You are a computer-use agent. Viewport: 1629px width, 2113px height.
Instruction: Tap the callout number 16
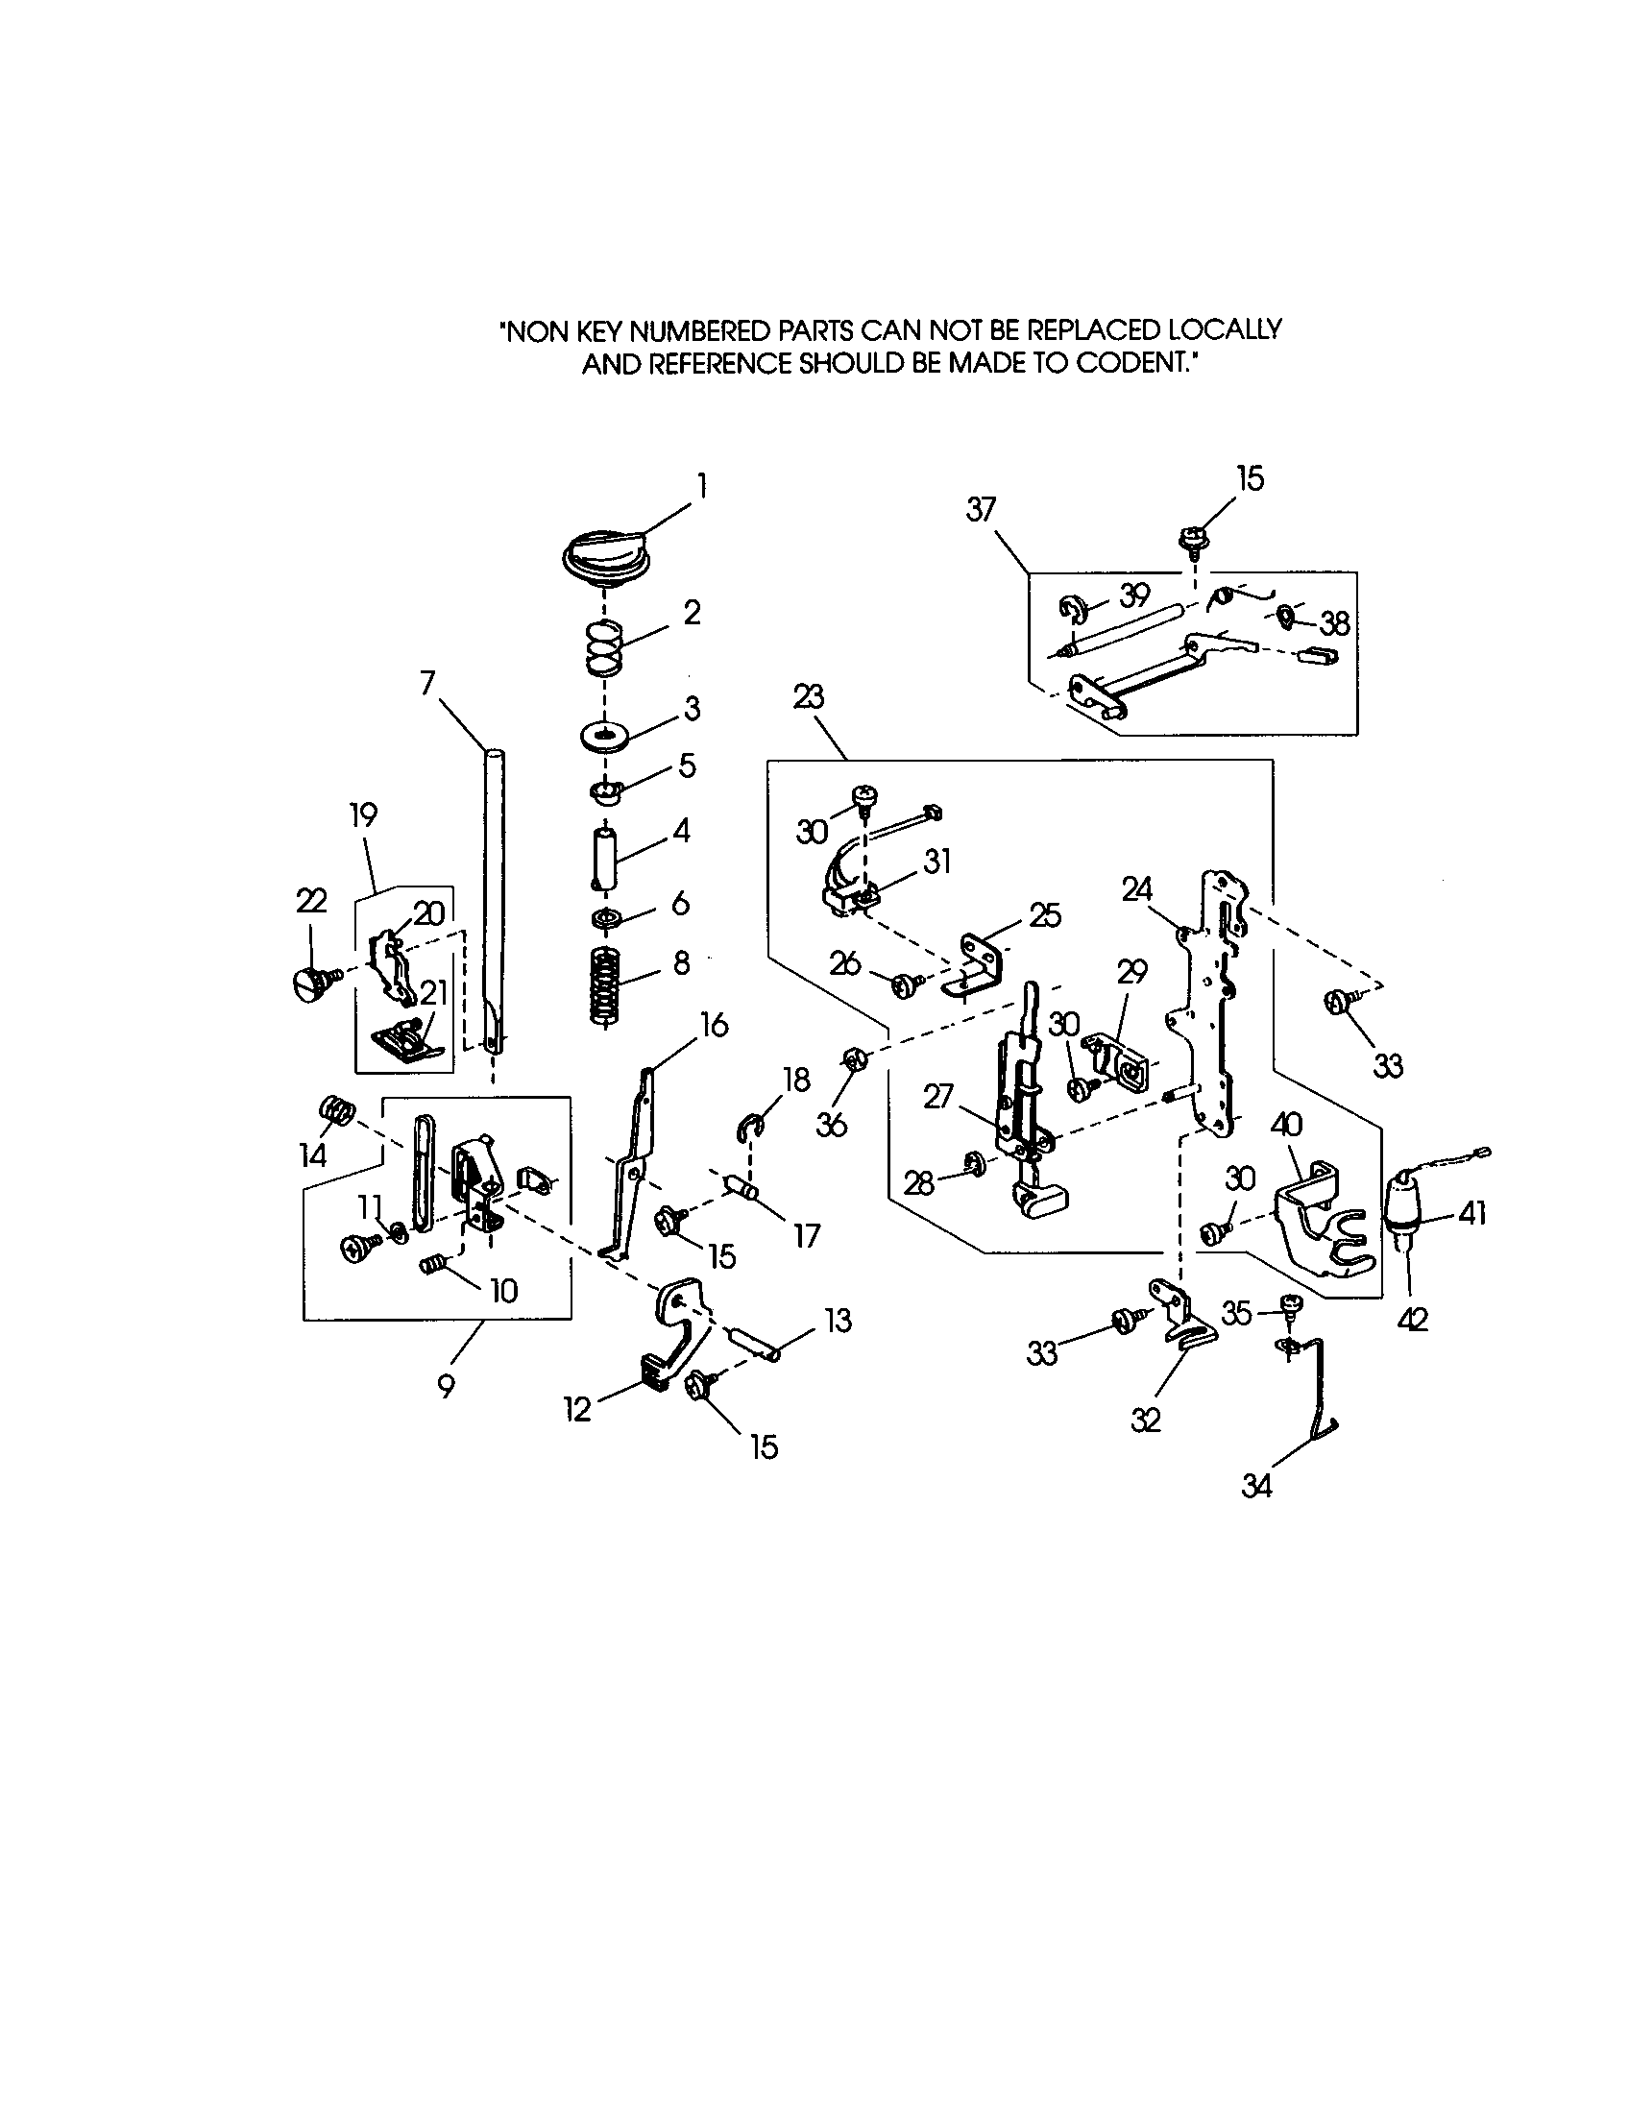pyautogui.click(x=714, y=1026)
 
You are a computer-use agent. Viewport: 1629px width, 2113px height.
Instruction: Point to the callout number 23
pyautogui.click(x=808, y=696)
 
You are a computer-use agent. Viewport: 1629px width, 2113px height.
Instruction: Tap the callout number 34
pyautogui.click(x=1256, y=1486)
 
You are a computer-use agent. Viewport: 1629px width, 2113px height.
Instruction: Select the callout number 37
pyautogui.click(x=981, y=510)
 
